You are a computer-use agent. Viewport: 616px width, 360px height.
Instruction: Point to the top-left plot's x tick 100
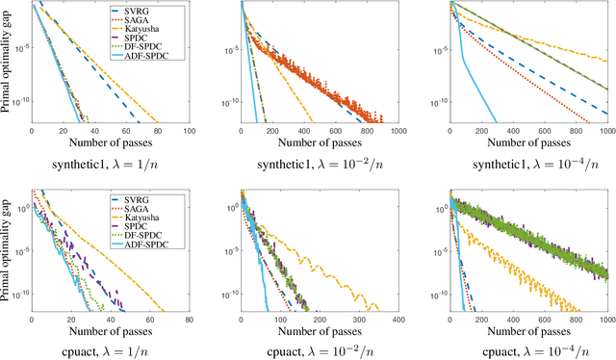point(189,132)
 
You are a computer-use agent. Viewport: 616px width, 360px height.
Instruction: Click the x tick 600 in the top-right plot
point(545,132)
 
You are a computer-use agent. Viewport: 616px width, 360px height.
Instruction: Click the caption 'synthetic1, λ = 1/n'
point(112,163)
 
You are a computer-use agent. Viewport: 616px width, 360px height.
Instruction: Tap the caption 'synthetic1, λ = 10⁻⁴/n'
point(528,163)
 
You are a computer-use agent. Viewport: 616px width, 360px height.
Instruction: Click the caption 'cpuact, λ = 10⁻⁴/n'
point(528,351)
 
